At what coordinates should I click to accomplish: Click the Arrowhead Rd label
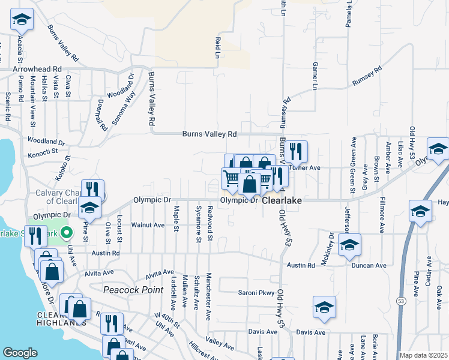[x=37, y=70]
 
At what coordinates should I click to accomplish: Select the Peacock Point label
[x=133, y=290]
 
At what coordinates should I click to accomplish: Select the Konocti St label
[x=46, y=151]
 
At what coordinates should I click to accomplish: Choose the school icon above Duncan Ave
[x=349, y=245]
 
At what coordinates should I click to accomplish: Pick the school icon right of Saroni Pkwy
[x=324, y=307]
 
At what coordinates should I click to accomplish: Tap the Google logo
[x=20, y=352]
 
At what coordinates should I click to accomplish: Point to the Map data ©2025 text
[x=423, y=355]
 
